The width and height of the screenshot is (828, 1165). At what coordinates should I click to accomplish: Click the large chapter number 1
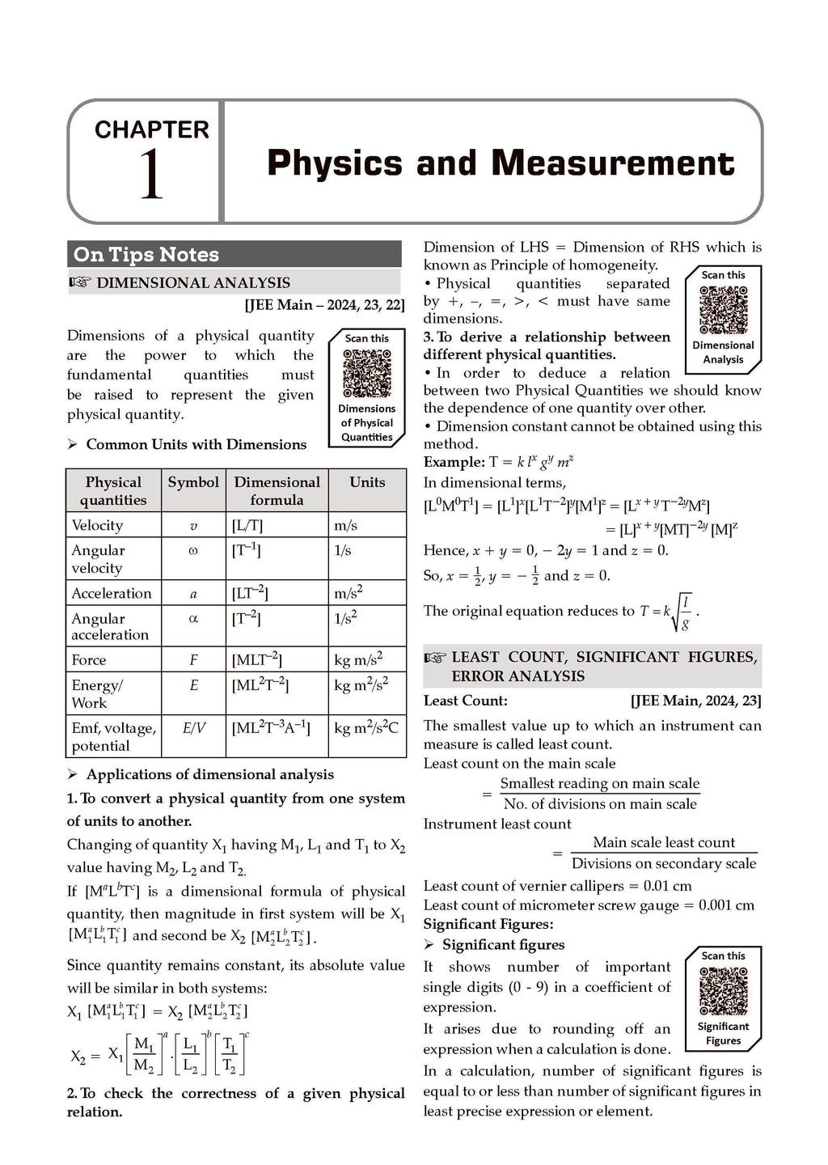point(151,176)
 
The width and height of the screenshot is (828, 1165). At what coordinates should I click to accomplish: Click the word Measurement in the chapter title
point(613,163)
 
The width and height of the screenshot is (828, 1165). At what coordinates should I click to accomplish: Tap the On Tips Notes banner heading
point(146,254)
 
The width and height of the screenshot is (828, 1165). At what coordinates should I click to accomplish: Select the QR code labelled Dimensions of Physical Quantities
point(367,373)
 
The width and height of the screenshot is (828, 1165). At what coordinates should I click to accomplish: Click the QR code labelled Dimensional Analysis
point(723,310)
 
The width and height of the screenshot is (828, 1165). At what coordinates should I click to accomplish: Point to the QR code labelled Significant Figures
point(723,991)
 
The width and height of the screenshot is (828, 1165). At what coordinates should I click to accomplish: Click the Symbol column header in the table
point(193,482)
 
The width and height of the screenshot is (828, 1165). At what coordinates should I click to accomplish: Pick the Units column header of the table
point(367,482)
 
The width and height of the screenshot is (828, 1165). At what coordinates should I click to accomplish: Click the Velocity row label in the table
point(98,525)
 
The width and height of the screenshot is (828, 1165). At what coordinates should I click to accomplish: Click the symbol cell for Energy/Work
point(193,685)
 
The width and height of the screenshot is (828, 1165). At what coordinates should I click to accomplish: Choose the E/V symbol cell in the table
point(193,728)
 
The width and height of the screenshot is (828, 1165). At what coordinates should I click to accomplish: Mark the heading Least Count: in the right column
point(466,701)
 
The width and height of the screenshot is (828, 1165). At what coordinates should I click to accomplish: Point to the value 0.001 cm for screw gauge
point(725,905)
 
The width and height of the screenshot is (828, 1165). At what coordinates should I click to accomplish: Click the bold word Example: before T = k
point(454,462)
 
